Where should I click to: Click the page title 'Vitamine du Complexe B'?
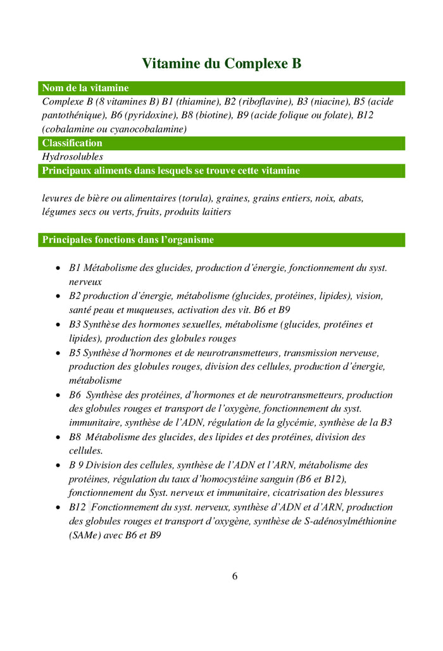click(221, 63)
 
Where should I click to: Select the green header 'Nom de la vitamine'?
click(85, 88)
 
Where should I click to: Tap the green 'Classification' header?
click(72, 143)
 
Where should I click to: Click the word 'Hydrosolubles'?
click(72, 156)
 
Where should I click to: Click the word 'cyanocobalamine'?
click(149, 129)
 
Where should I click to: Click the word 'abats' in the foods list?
click(351, 198)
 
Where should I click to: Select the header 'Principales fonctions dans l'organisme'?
click(128, 240)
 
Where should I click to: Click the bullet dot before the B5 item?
click(58, 353)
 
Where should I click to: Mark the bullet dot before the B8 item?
click(58, 438)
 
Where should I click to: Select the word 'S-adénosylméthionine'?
click(349, 521)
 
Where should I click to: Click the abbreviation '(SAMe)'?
click(85, 535)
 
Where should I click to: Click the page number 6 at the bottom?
click(235, 576)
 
